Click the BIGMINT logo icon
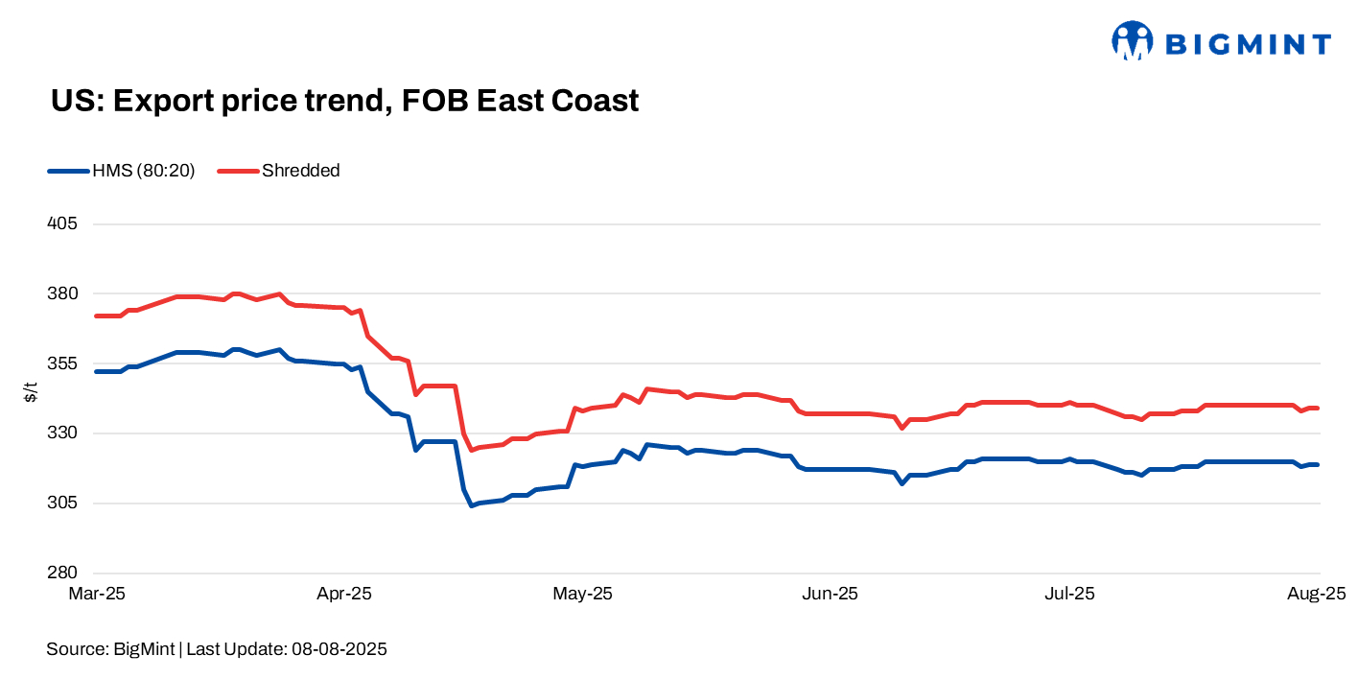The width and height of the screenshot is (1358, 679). (1132, 41)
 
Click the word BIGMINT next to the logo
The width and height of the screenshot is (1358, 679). (1247, 44)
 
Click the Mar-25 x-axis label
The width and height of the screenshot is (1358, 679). (97, 594)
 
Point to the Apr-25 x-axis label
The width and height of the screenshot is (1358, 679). (342, 594)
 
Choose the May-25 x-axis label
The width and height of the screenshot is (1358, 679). (582, 594)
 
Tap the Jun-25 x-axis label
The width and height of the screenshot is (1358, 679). (830, 594)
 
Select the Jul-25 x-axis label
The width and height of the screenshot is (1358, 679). (1068, 594)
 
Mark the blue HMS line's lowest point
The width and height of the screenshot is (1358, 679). (471, 504)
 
